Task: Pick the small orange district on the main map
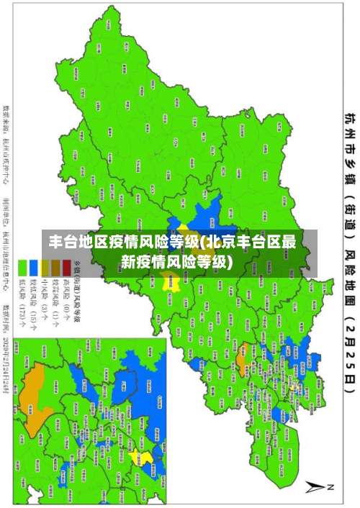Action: coord(243,353)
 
